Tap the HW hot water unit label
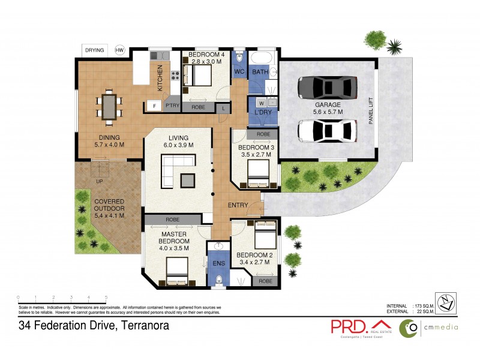(120, 50)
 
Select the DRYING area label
(94, 50)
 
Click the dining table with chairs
(110, 106)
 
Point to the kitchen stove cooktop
(176, 76)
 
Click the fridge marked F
(154, 107)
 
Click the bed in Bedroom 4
(199, 76)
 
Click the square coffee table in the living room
(187, 179)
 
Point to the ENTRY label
(238, 205)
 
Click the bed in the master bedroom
(178, 271)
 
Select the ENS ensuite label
(217, 263)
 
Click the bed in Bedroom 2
(265, 235)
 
